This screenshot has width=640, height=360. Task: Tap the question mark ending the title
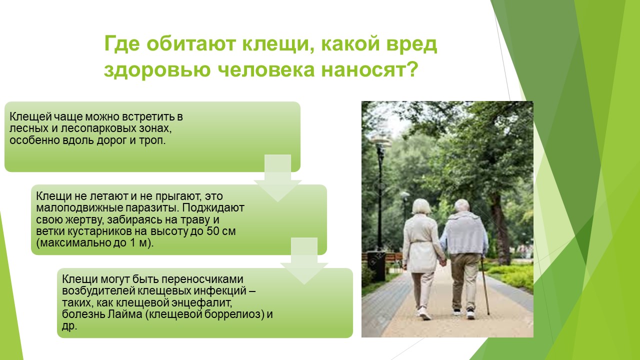pos(413,69)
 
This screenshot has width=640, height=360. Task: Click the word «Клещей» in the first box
pos(30,117)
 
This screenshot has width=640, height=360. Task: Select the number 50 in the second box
pos(213,231)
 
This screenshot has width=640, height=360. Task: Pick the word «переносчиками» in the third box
pos(202,279)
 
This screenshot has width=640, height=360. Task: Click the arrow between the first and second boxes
pos(277,177)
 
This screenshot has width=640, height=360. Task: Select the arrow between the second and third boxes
pos(304,260)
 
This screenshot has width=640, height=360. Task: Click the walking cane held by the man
pos(485,285)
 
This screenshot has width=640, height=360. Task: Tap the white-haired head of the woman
pos(421,206)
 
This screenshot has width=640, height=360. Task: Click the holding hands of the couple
pos(442,261)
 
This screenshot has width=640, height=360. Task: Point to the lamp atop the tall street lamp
pos(380,139)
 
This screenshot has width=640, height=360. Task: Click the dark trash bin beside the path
pos(376,266)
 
